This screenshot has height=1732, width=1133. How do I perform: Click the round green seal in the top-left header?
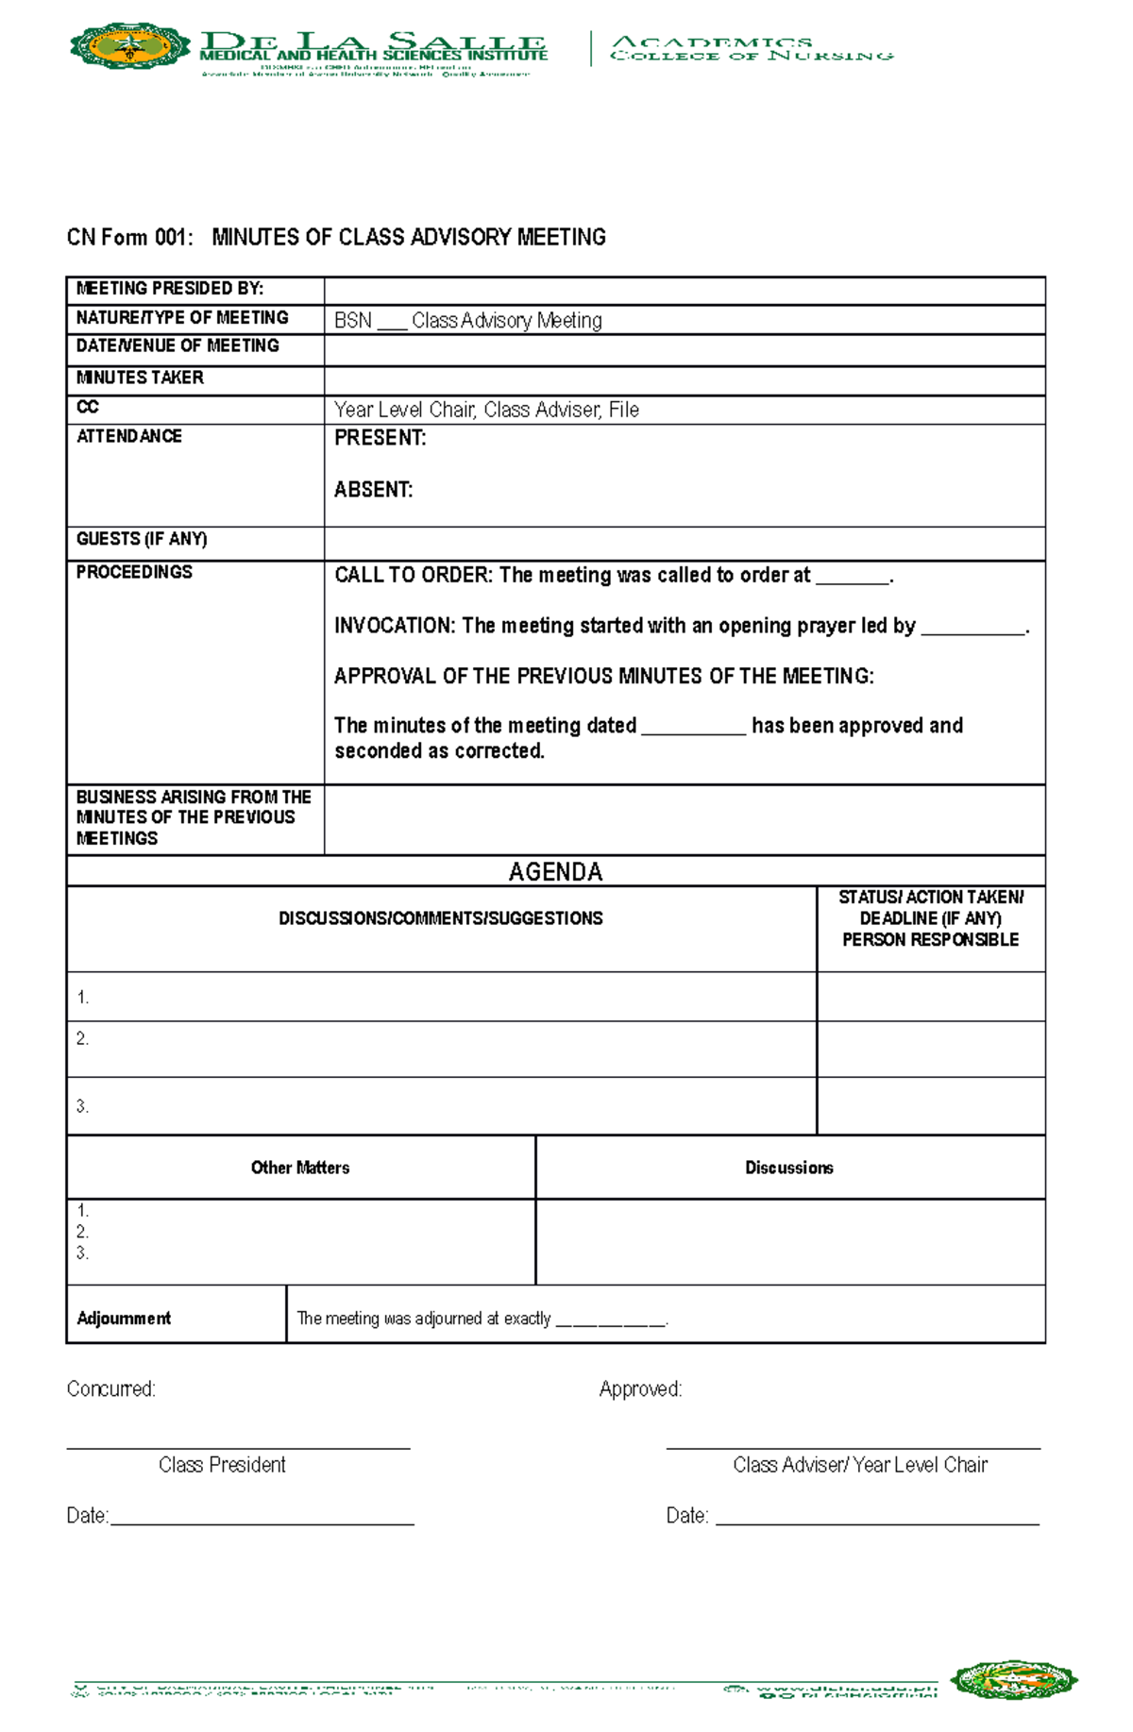tap(130, 46)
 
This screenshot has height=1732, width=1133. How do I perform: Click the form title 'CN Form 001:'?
tap(129, 237)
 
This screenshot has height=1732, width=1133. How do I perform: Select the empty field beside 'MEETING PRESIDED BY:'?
tap(684, 291)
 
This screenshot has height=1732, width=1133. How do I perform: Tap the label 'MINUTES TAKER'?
tap(140, 378)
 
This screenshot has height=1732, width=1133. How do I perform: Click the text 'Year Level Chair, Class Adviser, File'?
tap(486, 410)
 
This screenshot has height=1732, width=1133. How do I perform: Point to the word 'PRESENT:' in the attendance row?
tap(380, 438)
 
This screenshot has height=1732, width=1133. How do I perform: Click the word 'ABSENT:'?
tap(374, 490)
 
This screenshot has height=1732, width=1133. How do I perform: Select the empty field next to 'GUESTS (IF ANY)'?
tap(684, 543)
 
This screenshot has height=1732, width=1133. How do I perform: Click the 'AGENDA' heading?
tap(555, 871)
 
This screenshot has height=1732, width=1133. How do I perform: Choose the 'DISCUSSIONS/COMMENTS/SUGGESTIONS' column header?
tap(440, 918)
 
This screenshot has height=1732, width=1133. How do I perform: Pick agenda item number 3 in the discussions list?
tap(83, 1106)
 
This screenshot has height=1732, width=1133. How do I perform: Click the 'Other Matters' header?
tap(300, 1168)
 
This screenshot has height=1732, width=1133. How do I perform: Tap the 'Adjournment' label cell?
tap(124, 1319)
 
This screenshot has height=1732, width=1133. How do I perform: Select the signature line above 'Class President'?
tap(238, 1447)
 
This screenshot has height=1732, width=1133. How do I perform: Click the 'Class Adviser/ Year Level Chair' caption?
tap(859, 1465)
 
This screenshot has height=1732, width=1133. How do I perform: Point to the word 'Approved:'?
tap(640, 1389)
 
